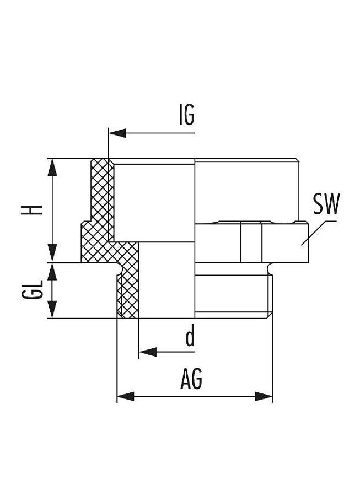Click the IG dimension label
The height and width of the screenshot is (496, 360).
[187, 114]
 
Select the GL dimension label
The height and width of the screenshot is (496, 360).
[32, 289]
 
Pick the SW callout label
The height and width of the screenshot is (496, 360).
[326, 203]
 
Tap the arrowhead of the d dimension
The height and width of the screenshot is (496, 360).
[148, 352]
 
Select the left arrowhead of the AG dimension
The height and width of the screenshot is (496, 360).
[126, 396]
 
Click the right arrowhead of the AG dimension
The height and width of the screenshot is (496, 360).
[264, 396]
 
